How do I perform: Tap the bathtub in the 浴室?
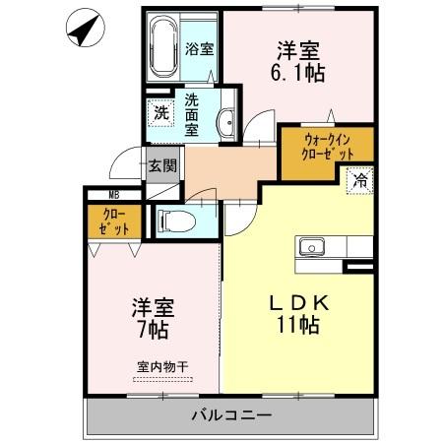[160, 46]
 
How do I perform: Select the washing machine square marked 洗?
[158, 112]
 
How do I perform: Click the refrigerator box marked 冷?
[360, 180]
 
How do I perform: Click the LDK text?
[301, 302]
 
